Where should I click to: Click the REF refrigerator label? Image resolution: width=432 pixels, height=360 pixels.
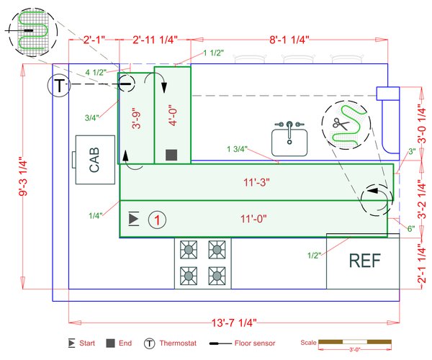pyautogui.click(x=364, y=261)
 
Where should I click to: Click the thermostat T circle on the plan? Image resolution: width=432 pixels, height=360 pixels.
pyautogui.click(x=60, y=86)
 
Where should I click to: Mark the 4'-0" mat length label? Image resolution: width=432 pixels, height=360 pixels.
pyautogui.click(x=172, y=114)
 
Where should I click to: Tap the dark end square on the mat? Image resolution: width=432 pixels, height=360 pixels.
pyautogui.click(x=171, y=155)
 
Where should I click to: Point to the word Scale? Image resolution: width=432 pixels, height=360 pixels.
pyautogui.click(x=308, y=342)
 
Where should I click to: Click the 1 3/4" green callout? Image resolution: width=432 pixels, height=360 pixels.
pyautogui.click(x=237, y=150)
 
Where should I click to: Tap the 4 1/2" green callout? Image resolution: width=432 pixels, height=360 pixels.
pyautogui.click(x=96, y=72)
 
